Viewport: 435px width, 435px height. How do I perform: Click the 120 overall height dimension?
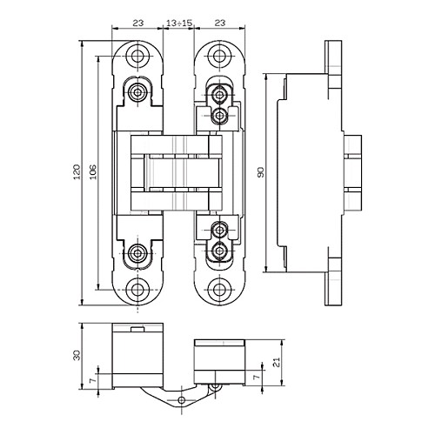coord(77,172)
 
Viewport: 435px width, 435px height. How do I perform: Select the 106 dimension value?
coord(93,172)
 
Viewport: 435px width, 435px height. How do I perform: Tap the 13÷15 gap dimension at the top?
coord(179,23)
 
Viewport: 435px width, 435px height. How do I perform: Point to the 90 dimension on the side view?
coord(261,172)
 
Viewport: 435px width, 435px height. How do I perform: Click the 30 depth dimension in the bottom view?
coord(77,355)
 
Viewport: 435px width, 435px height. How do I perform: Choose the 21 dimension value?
coord(278,362)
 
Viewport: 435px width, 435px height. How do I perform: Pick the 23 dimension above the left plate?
coord(138,23)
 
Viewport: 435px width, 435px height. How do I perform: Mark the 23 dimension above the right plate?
coord(220,23)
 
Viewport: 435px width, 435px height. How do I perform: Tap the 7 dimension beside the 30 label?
coord(93,380)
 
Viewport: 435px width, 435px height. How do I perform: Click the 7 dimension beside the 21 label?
coord(257,378)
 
